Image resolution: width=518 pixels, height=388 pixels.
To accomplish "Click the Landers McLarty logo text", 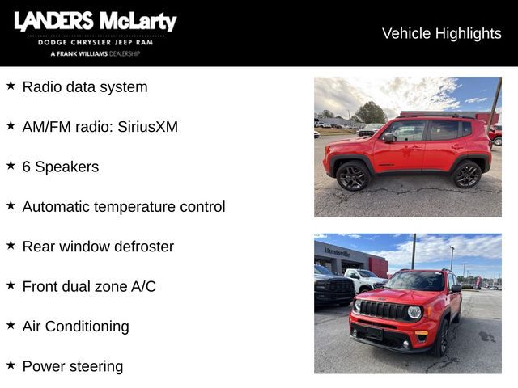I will click(x=95, y=22).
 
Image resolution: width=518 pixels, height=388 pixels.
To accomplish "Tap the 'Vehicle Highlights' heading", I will click(x=441, y=33).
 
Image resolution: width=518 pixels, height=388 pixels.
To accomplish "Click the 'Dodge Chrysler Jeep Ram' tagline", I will click(x=95, y=42).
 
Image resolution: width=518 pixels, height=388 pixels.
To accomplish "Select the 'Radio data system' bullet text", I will click(x=85, y=87).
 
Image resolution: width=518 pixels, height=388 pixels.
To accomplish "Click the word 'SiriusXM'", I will click(x=147, y=127).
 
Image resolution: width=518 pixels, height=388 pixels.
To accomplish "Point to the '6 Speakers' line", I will click(x=61, y=167).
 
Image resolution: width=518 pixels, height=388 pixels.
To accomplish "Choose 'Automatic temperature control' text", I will click(x=124, y=207).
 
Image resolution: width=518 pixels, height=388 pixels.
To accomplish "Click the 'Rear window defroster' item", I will click(x=98, y=247).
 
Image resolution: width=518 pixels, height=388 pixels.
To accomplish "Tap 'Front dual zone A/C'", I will click(x=89, y=286).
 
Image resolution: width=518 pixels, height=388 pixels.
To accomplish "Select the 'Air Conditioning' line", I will click(x=75, y=327).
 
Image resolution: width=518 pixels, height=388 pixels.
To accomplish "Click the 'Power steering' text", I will click(x=73, y=366).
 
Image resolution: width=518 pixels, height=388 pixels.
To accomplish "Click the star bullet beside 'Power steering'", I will click(x=11, y=365).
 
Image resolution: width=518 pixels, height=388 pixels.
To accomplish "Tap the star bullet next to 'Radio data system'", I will click(x=11, y=86).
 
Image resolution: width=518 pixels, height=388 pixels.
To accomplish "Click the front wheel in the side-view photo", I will click(x=353, y=176).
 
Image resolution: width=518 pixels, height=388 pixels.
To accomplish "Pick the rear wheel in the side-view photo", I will click(x=466, y=174).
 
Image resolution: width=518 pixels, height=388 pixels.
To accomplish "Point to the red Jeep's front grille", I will click(x=382, y=310).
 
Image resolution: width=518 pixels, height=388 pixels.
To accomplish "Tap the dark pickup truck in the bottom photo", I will click(x=333, y=287).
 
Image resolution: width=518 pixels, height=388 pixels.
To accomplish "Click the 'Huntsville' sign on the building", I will click(x=337, y=252).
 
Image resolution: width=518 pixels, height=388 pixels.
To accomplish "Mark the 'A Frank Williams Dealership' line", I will click(x=95, y=53).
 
